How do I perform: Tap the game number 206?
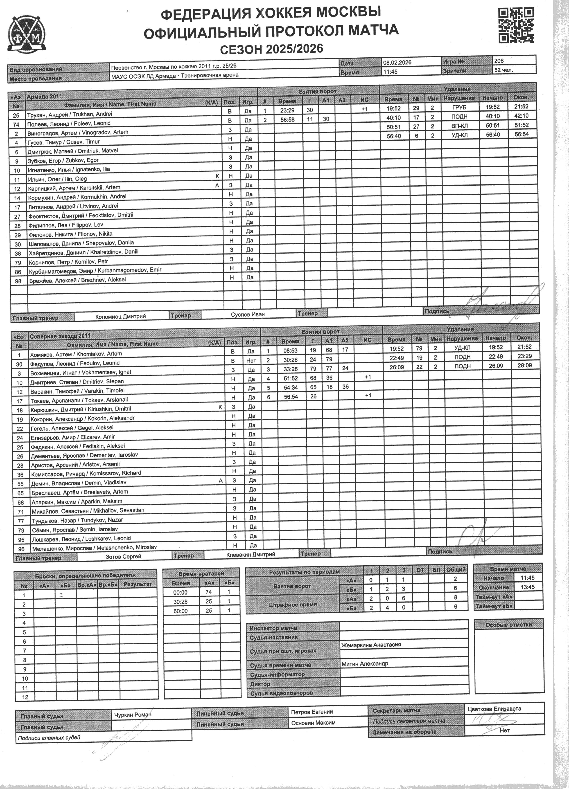(499, 61)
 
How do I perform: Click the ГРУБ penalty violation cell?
(459, 108)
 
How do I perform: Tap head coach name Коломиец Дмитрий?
(120, 316)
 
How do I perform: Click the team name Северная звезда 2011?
(60, 336)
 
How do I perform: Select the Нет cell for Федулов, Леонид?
(251, 361)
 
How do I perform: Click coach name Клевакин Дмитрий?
(251, 555)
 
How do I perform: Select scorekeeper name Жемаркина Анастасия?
(371, 645)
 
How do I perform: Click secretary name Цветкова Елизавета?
(494, 709)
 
